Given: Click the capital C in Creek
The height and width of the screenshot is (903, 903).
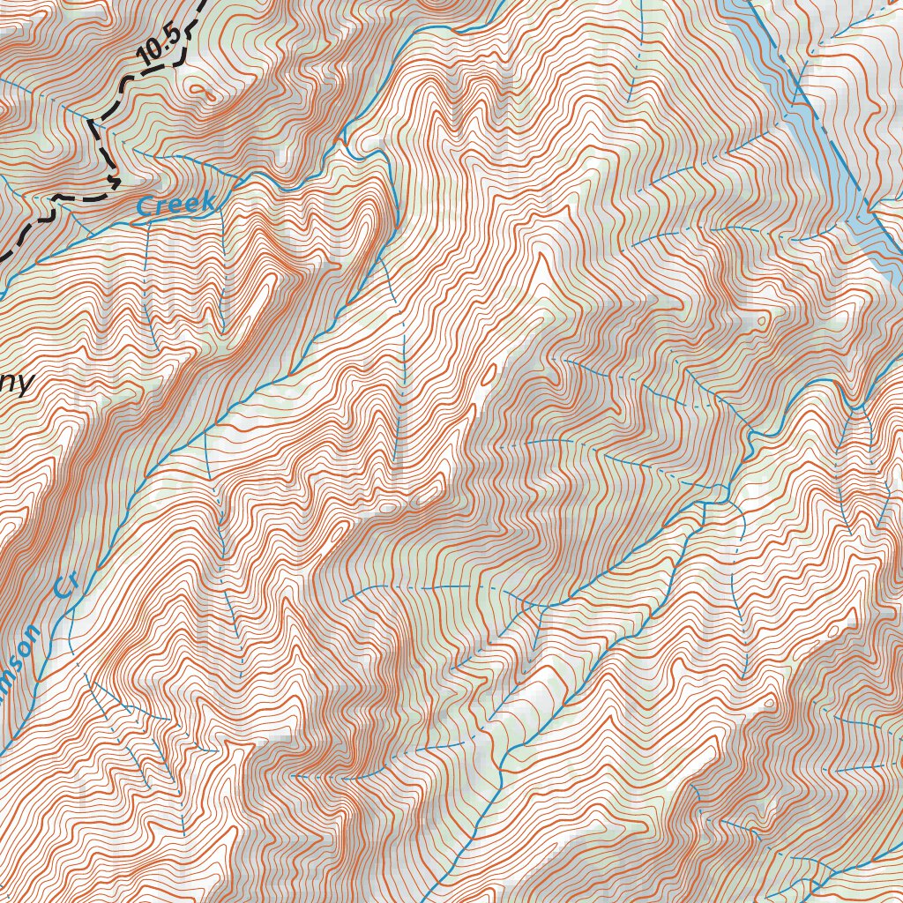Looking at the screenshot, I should [146, 209].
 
